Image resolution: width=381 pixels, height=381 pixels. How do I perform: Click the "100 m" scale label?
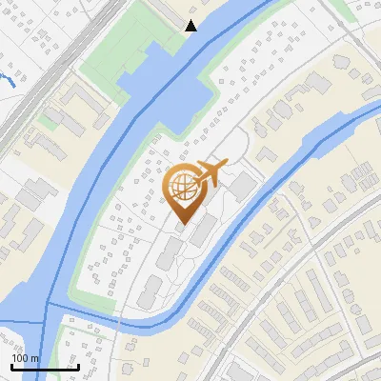(x=26, y=358)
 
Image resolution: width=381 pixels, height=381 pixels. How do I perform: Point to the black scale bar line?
(x=45, y=368)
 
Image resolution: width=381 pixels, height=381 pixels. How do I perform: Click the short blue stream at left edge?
(x=8, y=77)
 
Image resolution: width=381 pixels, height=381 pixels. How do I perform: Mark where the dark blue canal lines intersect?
(x=47, y=306)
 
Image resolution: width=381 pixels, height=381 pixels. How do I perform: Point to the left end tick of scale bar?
(x=11, y=366)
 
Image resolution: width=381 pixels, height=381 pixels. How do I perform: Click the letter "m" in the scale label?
(x=34, y=358)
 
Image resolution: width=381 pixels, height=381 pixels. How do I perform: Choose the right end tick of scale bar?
(x=78, y=366)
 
